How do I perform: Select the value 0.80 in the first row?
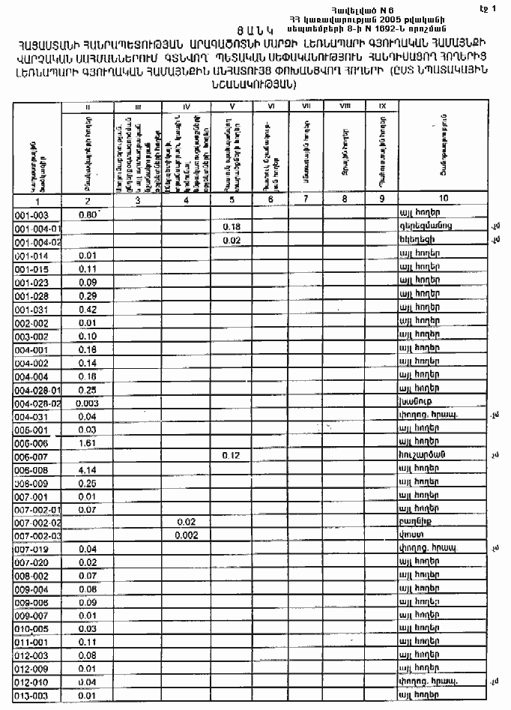click(88, 214)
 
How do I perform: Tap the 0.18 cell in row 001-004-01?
click(230, 227)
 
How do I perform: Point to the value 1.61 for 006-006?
click(88, 442)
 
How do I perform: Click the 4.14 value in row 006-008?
click(88, 470)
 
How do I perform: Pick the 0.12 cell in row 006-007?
click(230, 456)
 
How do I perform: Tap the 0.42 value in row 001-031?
click(88, 309)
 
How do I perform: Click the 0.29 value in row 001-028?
click(88, 296)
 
